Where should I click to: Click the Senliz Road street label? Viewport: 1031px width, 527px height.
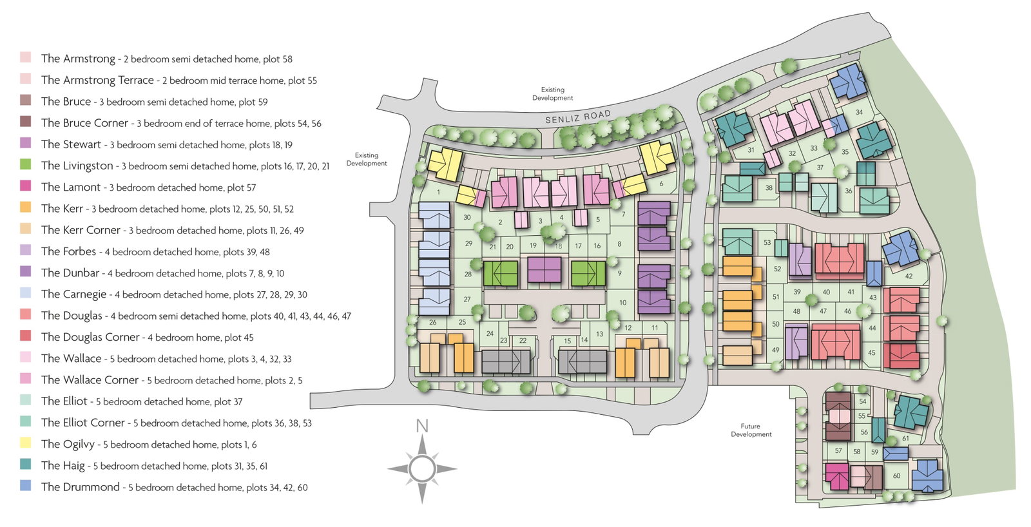click(x=578, y=117)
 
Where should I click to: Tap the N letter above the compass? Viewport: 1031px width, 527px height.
click(x=422, y=426)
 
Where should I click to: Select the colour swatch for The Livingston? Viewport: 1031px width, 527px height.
click(x=26, y=164)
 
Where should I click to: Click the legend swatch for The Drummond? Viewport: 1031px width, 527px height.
click(x=26, y=486)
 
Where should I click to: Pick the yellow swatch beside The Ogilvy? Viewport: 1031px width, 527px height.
click(x=26, y=443)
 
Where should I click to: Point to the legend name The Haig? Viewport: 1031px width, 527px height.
click(x=63, y=465)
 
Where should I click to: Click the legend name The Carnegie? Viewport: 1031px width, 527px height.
click(x=73, y=294)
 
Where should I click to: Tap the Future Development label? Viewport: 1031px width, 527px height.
click(x=751, y=430)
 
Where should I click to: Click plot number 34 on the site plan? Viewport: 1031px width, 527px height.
click(x=859, y=112)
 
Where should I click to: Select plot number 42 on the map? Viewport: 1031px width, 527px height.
click(x=909, y=276)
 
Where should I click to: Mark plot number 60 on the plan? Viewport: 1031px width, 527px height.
click(x=896, y=476)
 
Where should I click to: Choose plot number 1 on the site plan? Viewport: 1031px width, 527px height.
click(x=439, y=193)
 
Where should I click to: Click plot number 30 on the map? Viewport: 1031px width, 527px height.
click(x=467, y=217)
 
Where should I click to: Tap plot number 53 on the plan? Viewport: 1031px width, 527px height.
click(x=767, y=242)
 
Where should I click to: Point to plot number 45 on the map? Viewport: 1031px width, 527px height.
click(x=872, y=353)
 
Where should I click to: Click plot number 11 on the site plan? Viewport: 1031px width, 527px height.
click(x=655, y=328)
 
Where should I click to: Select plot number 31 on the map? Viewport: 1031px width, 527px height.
click(x=751, y=150)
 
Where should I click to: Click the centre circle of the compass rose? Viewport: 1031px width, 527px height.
click(x=422, y=469)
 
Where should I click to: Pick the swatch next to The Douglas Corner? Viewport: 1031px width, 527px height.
click(x=26, y=336)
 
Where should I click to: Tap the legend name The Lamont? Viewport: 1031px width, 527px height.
click(x=70, y=187)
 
